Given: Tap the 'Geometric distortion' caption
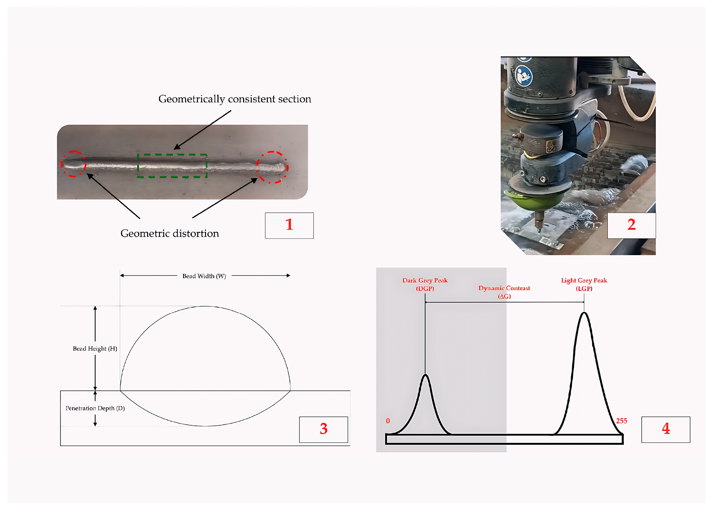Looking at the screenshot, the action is pyautogui.click(x=169, y=233).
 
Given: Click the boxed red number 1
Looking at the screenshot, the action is pyautogui.click(x=289, y=225).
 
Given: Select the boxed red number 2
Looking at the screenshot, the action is pyautogui.click(x=631, y=225).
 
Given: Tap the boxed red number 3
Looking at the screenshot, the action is pyautogui.click(x=323, y=429).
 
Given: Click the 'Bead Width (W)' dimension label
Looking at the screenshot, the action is pyautogui.click(x=204, y=276).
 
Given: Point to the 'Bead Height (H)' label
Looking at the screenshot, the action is pyautogui.click(x=95, y=349).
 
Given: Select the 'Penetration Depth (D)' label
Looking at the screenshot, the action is pyautogui.click(x=95, y=408).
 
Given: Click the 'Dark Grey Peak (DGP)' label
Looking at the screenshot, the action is pyautogui.click(x=425, y=284).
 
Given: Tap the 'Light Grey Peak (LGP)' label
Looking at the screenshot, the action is pyautogui.click(x=584, y=284).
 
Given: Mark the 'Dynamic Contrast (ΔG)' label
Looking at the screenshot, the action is pyautogui.click(x=504, y=292).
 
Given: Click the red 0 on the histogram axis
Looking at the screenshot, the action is pyautogui.click(x=388, y=421).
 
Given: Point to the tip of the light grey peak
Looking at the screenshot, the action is pyautogui.click(x=584, y=312).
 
